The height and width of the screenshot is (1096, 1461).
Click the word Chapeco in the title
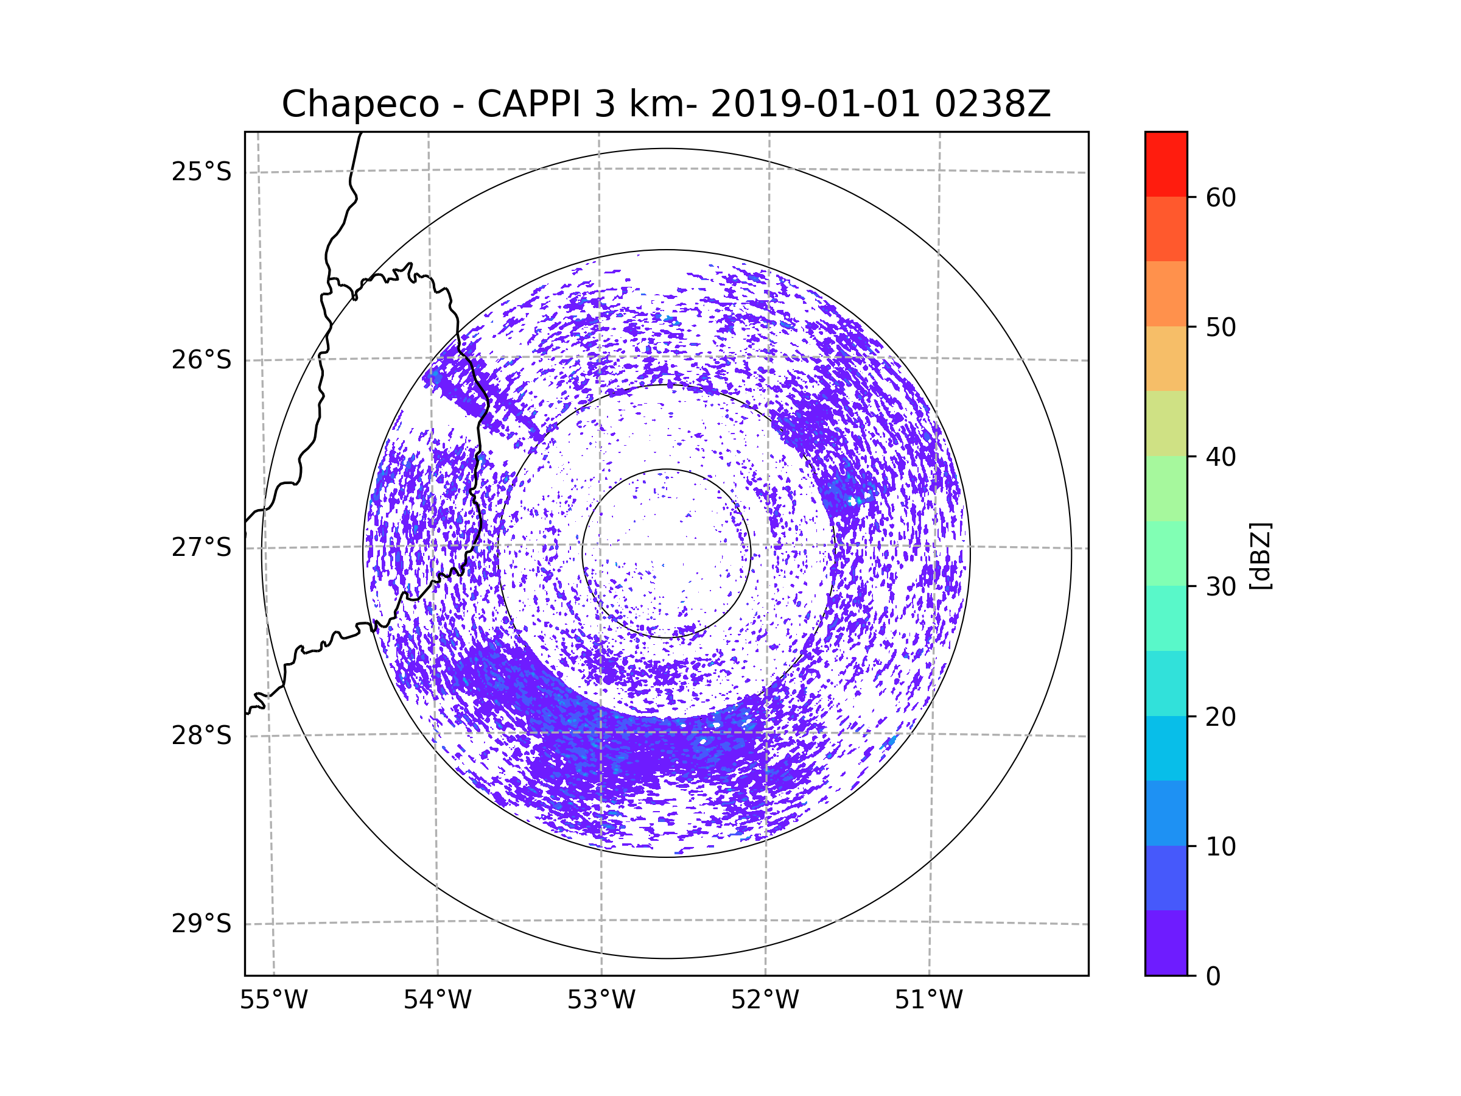(360, 104)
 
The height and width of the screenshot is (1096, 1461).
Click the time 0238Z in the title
(992, 104)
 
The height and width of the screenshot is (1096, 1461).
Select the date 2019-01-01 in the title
(815, 104)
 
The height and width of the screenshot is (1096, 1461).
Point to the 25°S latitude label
(201, 172)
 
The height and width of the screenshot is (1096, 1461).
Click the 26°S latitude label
(201, 360)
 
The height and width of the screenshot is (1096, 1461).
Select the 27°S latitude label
(201, 547)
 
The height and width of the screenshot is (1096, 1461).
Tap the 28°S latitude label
(201, 736)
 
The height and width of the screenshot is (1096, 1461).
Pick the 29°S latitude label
(201, 924)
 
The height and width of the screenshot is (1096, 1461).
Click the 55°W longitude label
(273, 1000)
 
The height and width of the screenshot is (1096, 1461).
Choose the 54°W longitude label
(437, 1000)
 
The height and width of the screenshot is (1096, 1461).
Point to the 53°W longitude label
(601, 1000)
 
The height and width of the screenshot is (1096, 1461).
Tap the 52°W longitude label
(765, 1000)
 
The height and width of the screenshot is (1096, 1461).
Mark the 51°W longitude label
(928, 1000)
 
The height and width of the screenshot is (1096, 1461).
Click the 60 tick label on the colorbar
(1221, 197)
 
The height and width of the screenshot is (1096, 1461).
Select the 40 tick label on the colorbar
(1221, 457)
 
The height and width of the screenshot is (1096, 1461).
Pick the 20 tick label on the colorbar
(1221, 717)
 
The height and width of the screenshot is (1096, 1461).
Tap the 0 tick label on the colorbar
(1213, 977)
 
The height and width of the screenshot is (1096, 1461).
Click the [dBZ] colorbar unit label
(1260, 557)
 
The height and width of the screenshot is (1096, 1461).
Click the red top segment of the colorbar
(1166, 164)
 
